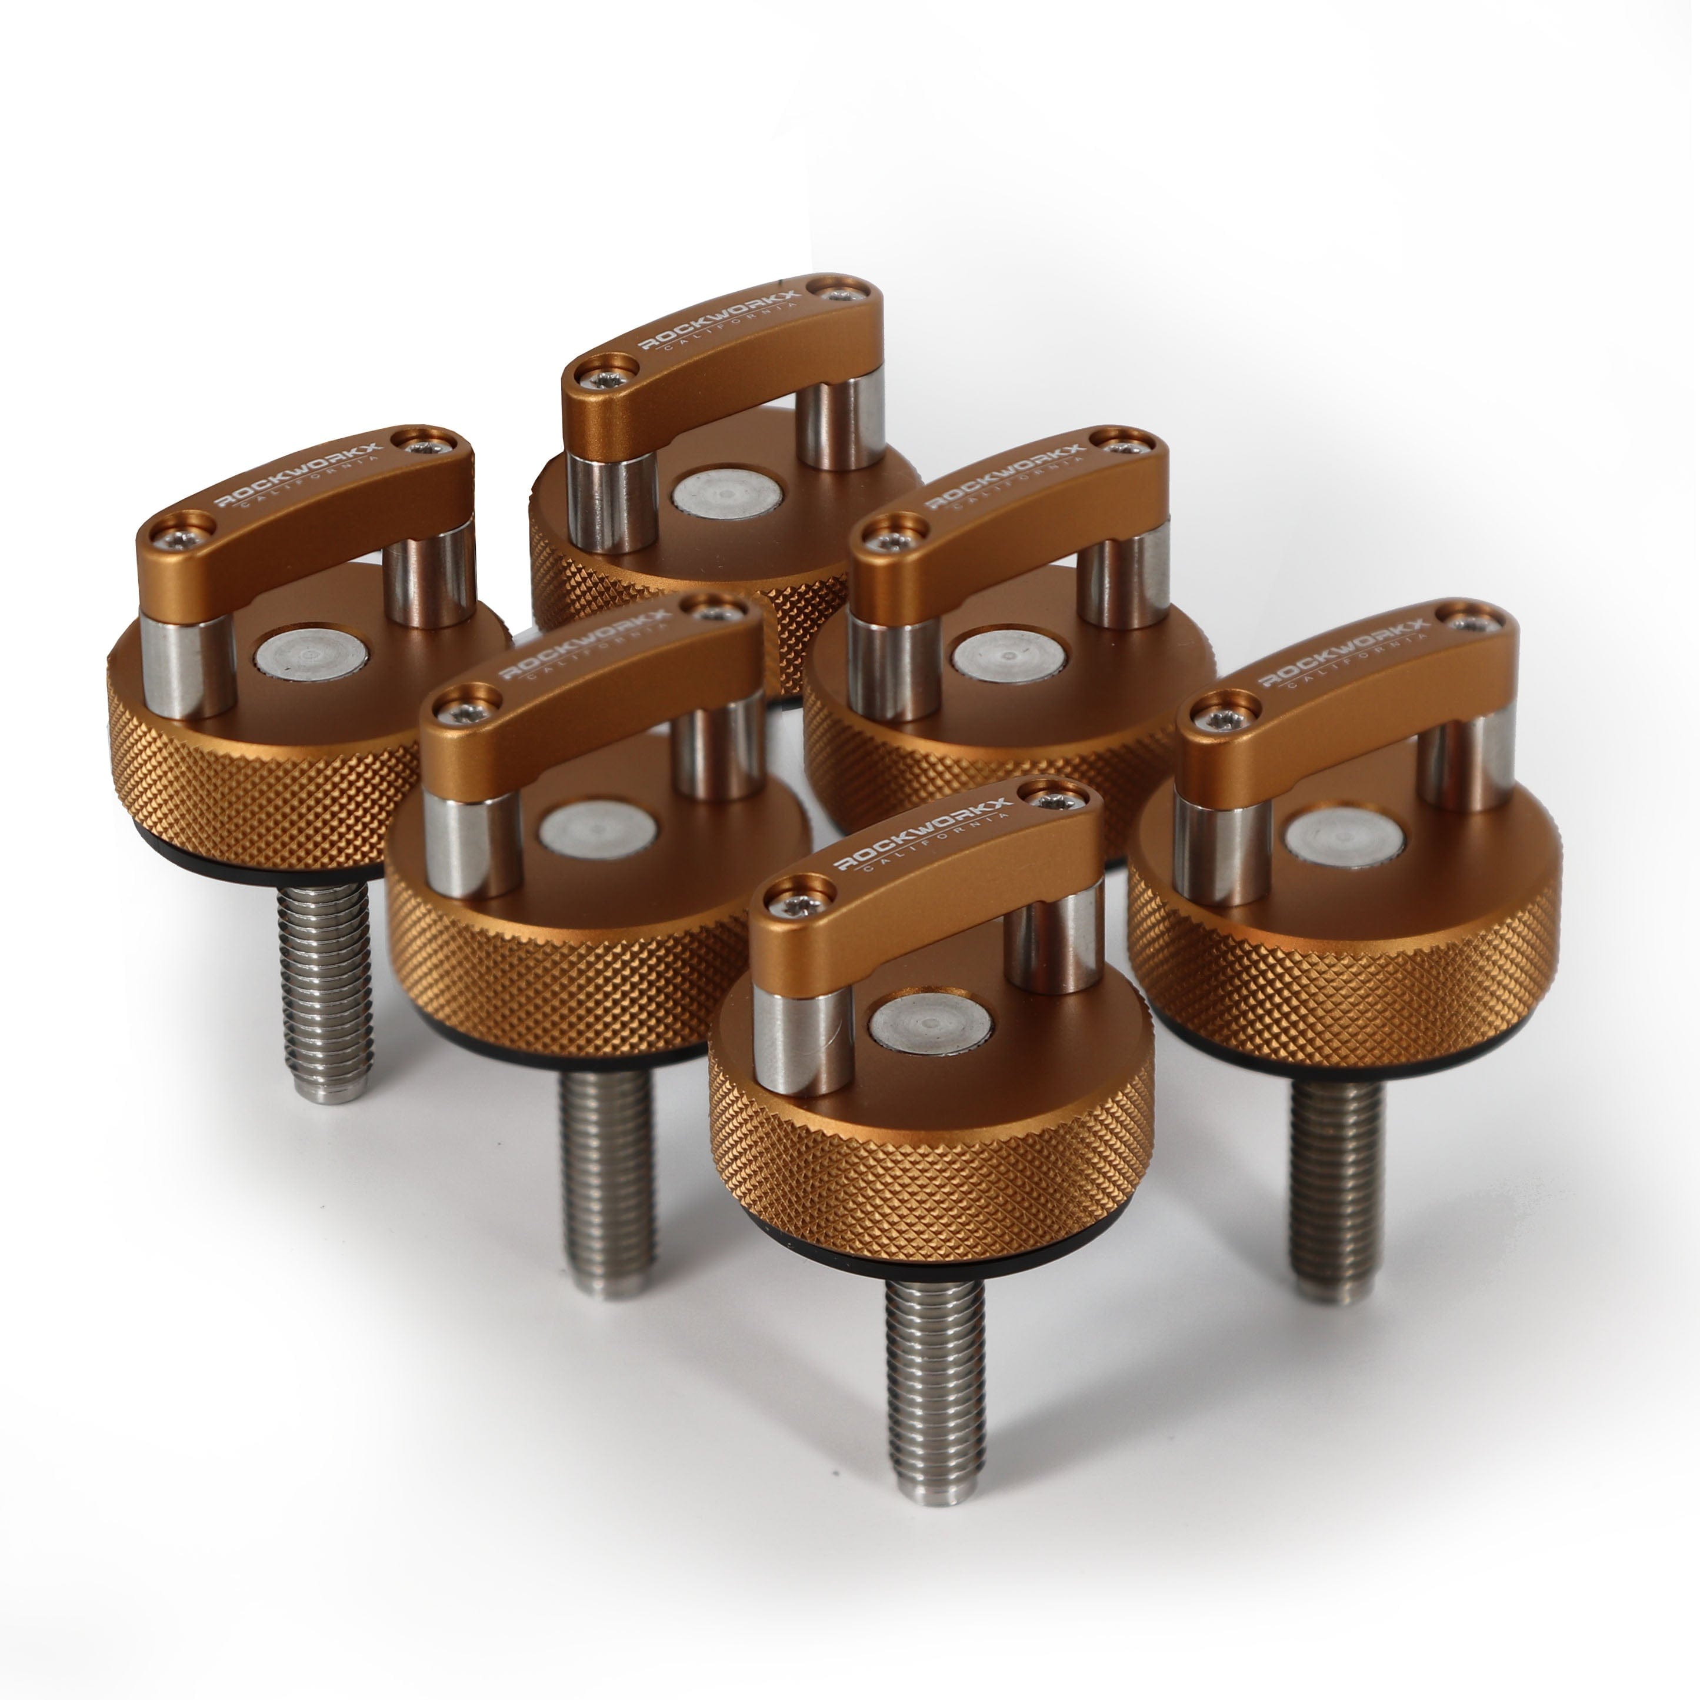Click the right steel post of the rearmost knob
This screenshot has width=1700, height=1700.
[841, 422]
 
